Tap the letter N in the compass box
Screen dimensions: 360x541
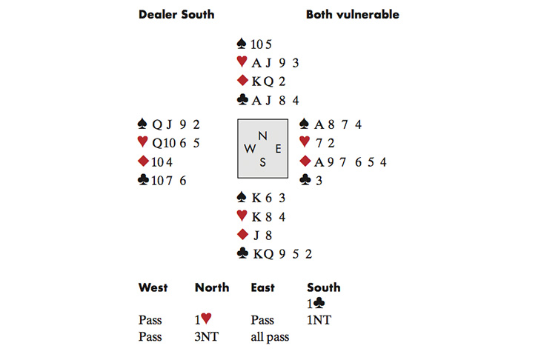[262, 136]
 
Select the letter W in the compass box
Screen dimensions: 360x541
[248, 148]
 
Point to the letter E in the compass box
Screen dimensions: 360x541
[278, 148]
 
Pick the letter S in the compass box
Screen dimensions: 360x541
[262, 162]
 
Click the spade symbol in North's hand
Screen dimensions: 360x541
[241, 44]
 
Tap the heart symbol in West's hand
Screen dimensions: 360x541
[143, 143]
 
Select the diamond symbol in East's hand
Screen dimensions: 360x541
[305, 161]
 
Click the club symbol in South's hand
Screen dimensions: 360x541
[242, 253]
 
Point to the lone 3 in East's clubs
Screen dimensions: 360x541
[316, 179]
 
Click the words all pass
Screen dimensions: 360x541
[270, 336]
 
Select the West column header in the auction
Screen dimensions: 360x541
[153, 287]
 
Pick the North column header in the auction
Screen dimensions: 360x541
[211, 287]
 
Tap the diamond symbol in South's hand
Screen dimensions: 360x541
[241, 235]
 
